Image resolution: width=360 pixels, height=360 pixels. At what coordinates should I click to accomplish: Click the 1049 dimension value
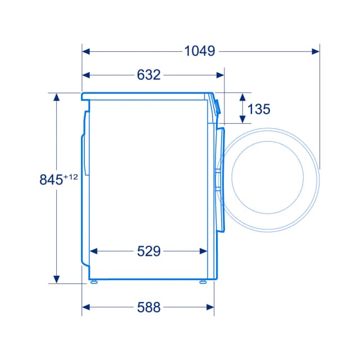tap(200, 51)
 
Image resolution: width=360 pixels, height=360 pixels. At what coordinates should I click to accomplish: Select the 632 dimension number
tap(148, 75)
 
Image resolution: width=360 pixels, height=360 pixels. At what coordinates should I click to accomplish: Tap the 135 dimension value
tap(259, 109)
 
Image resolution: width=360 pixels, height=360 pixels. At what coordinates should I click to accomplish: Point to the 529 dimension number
tap(148, 251)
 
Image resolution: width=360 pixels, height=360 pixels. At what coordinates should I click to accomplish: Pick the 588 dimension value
tap(148, 307)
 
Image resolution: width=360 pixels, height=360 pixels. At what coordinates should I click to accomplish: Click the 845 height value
tap(51, 179)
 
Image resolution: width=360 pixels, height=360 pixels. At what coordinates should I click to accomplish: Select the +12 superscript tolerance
tap(70, 177)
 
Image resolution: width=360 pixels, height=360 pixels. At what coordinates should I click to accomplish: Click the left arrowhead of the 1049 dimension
tap(86, 51)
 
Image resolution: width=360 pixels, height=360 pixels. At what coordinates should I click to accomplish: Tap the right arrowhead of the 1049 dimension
tap(316, 51)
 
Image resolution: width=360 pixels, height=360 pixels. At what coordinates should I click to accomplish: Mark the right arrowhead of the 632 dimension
tap(220, 75)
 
